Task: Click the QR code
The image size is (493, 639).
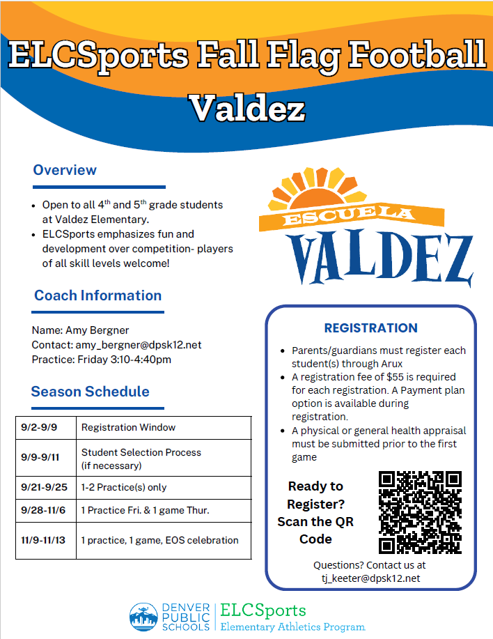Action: click(420, 512)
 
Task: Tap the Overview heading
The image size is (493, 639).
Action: click(65, 170)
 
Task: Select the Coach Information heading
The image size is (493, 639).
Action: click(97, 295)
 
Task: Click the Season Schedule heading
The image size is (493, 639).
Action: click(91, 392)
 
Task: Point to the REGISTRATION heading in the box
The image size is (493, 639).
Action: click(371, 328)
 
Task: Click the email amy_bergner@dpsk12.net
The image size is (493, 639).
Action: click(139, 345)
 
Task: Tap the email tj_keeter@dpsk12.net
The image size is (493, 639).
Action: click(371, 578)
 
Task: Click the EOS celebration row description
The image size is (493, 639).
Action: click(159, 540)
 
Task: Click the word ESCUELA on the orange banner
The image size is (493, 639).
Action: click(349, 214)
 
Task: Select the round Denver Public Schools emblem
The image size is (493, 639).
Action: click(143, 617)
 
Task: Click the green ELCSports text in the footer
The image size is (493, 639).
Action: click(263, 610)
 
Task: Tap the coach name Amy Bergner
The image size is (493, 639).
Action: click(97, 330)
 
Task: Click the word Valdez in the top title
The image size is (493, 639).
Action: click(247, 109)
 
